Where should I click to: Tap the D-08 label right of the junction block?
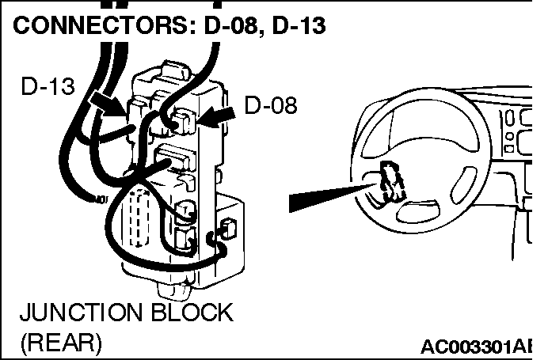271,104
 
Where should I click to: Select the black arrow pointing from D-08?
216,116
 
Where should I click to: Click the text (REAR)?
61,343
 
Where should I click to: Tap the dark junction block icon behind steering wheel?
390,180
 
